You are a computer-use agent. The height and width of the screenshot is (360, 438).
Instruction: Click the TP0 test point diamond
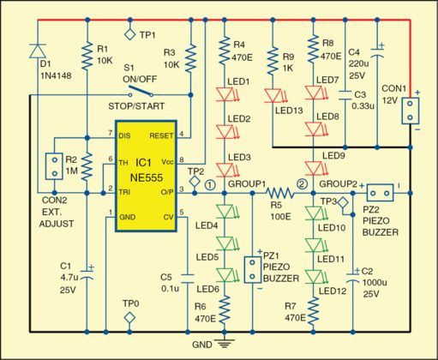click(129, 317)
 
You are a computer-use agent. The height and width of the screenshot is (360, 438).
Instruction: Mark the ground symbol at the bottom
click(225, 343)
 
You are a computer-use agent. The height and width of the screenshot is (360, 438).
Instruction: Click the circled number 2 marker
click(301, 183)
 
